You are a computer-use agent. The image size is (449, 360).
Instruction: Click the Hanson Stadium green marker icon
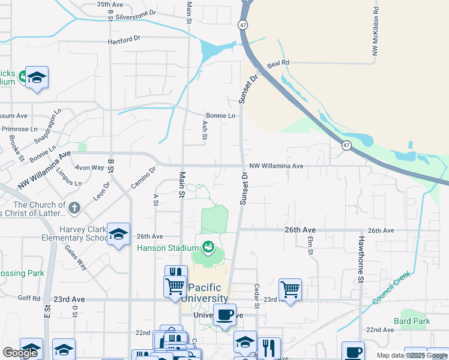pos(208,247)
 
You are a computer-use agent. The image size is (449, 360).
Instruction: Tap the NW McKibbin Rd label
pos(375,32)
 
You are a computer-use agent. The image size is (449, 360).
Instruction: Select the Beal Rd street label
pos(279,62)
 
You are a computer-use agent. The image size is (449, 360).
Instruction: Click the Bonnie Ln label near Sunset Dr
pos(220,115)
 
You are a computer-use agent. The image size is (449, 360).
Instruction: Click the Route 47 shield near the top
pos(243,25)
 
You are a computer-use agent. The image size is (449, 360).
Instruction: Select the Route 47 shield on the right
pos(347,145)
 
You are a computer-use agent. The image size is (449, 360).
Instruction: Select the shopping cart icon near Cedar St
pos(290,289)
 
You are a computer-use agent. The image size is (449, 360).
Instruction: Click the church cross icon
pos(74,208)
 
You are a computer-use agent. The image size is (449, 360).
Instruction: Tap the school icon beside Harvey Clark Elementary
pos(118,233)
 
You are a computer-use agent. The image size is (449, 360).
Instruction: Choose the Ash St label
pos(205,129)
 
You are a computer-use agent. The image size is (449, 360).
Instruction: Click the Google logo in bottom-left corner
pos(20,353)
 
